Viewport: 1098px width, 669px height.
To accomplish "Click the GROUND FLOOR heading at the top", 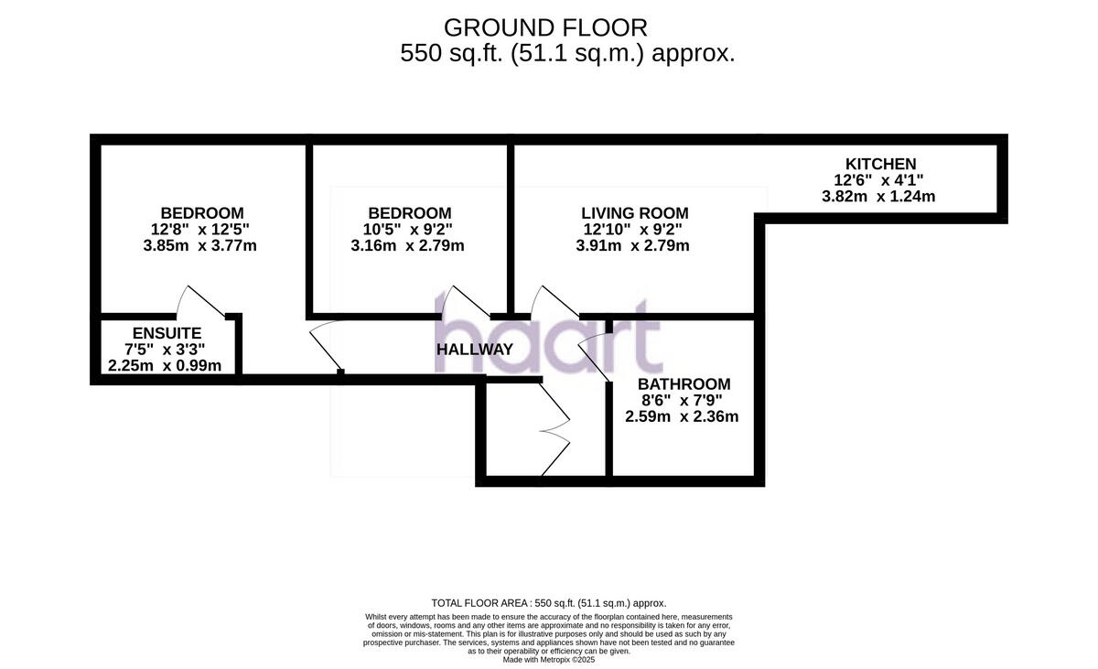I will click(x=545, y=28).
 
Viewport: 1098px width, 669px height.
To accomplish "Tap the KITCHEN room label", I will click(x=880, y=165).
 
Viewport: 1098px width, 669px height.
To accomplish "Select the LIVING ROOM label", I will click(x=633, y=213).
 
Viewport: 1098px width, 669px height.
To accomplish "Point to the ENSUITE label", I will click(x=167, y=333).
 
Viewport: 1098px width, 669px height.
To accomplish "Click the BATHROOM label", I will click(x=684, y=384).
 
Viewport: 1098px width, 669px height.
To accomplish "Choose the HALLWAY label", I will click(x=474, y=350).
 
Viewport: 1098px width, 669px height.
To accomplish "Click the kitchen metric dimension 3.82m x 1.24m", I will click(x=878, y=196).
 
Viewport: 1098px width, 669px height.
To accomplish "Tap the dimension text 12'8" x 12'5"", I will click(x=201, y=230).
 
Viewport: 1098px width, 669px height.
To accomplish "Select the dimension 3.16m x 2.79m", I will click(x=407, y=245).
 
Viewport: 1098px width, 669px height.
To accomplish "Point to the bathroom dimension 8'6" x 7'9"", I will click(x=681, y=400).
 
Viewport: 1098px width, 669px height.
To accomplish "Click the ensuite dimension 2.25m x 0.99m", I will click(x=165, y=366).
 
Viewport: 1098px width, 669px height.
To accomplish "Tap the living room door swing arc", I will click(x=550, y=300).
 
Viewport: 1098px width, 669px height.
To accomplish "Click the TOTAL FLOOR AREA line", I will click(x=549, y=603).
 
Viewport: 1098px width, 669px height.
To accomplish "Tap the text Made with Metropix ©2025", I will click(x=549, y=659).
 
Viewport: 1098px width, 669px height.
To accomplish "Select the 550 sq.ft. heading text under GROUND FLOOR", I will click(x=567, y=54).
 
